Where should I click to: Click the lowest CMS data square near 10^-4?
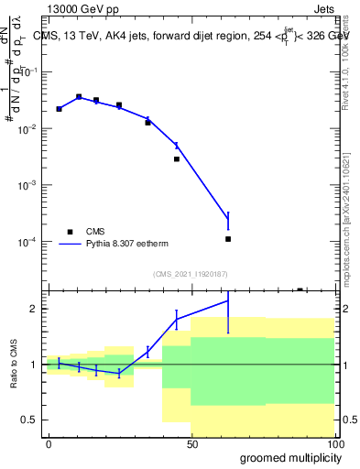(x=228, y=239)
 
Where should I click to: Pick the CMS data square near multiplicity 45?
(x=177, y=158)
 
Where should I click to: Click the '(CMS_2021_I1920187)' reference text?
(x=190, y=273)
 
